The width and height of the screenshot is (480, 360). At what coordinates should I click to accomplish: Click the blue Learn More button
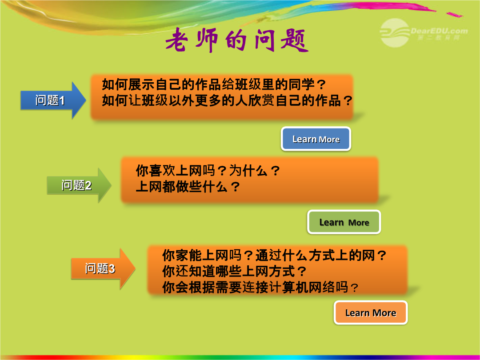point(316,139)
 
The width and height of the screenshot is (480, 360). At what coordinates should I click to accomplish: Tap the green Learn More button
point(344,222)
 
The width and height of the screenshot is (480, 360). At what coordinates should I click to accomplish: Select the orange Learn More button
point(371,312)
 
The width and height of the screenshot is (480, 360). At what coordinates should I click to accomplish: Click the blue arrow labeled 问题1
point(53,100)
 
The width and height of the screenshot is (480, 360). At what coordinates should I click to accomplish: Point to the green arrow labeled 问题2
point(79,185)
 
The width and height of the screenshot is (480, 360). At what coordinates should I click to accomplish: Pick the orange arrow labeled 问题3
point(103,268)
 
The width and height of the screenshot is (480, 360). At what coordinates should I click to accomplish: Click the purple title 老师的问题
point(236,40)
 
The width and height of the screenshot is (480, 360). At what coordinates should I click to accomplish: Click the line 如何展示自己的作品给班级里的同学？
point(214,84)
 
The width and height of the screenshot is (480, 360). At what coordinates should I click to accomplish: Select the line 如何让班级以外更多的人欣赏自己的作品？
point(227,100)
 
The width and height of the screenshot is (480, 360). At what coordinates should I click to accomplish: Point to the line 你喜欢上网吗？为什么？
point(208,171)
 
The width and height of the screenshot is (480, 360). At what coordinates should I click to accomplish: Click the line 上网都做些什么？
point(188,186)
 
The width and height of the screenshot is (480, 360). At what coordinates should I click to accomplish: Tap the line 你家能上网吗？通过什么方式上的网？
point(274,255)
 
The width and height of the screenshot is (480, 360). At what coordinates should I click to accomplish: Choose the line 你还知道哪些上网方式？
point(234,271)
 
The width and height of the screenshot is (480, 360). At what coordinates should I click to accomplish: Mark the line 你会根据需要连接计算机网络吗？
point(260,287)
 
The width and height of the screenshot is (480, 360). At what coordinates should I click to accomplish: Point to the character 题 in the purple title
point(294,41)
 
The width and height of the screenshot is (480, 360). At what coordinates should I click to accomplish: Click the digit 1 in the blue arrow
point(62,101)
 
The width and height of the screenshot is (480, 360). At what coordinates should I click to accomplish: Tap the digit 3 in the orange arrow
point(112,269)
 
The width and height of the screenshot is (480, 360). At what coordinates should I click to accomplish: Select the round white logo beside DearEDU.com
point(395,33)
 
